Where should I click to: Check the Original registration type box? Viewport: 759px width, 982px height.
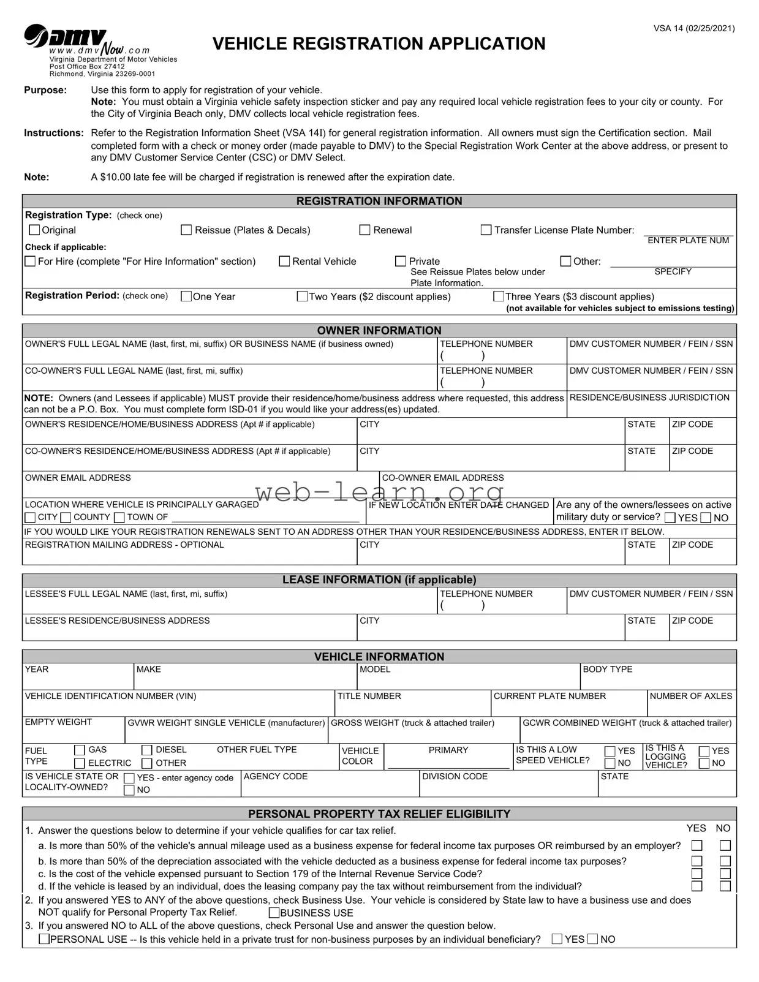(35, 230)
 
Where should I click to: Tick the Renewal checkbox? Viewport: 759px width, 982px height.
(364, 230)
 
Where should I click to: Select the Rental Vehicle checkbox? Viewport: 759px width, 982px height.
(284, 262)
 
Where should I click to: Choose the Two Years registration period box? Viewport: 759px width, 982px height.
(302, 296)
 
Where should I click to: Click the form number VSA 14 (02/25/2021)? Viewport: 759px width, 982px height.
(693, 28)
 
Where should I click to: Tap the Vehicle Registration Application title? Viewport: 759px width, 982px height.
(379, 44)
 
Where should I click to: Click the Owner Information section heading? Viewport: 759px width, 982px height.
(379, 330)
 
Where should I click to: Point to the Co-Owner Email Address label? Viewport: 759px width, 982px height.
(442, 478)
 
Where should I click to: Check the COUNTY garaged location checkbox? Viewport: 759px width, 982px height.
(66, 518)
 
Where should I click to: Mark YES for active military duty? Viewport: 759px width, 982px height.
(670, 518)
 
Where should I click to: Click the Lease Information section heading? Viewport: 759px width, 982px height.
(379, 580)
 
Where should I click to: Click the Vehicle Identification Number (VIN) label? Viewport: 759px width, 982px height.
(110, 696)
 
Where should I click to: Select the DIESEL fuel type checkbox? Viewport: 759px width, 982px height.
(147, 750)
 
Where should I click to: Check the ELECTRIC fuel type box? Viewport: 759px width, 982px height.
(80, 763)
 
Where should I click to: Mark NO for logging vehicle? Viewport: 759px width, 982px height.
(704, 763)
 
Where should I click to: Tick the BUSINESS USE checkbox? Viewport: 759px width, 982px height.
(274, 913)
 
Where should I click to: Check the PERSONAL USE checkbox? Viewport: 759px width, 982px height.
(44, 939)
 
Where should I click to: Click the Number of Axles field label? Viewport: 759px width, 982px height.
(690, 696)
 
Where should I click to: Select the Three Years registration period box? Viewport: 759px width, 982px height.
(499, 296)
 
